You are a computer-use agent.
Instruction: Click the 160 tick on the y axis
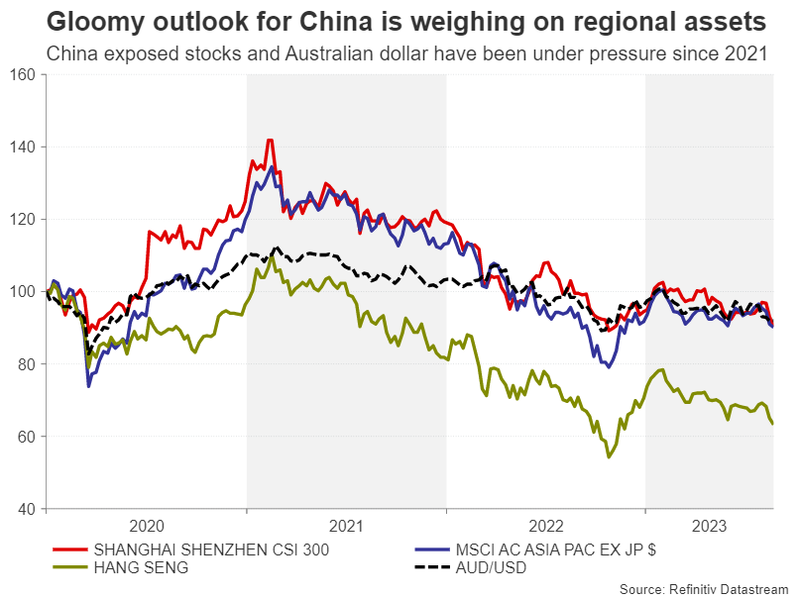pos(22,75)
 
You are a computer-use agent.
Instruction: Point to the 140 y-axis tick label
pos(22,148)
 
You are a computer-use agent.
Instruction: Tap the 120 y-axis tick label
pos(22,220)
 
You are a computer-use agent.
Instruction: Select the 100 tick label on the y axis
pos(22,292)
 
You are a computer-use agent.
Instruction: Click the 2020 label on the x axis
pos(146,525)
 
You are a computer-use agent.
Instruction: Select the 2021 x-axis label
pos(345,525)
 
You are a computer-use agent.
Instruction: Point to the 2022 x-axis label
pos(545,525)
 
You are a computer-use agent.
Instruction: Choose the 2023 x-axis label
pos(710,525)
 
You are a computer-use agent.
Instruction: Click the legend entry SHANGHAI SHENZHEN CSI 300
pos(208,549)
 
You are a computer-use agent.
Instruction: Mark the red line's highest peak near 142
pos(269,141)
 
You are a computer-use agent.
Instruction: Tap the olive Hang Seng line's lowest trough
pos(609,456)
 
